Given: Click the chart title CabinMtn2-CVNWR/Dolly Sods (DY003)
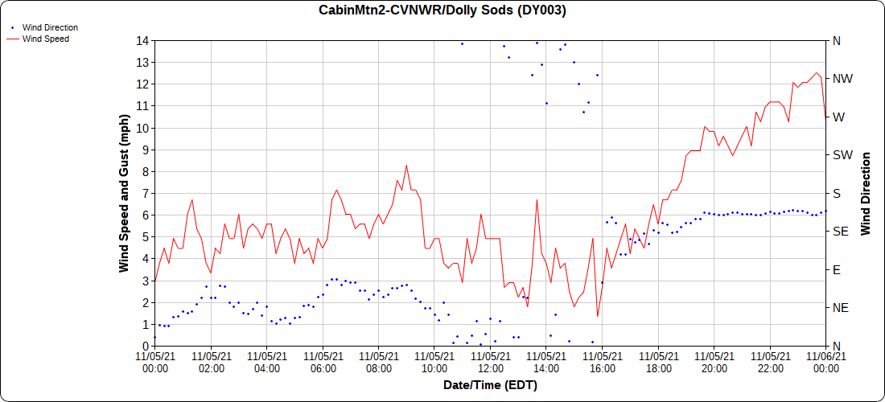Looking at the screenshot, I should (442, 10).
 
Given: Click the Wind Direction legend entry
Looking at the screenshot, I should (50, 27).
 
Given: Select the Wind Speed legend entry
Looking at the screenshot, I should (45, 39).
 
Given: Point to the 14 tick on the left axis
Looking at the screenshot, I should (142, 40).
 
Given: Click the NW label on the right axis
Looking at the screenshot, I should (842, 79).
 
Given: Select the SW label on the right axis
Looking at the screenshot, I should (842, 155).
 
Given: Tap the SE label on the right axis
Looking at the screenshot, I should (840, 232).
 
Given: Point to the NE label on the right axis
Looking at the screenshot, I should (840, 308).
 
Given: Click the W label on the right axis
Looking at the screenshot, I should (838, 117).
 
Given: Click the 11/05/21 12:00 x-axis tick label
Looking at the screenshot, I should (490, 363).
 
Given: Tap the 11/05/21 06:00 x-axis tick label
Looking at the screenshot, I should (323, 363).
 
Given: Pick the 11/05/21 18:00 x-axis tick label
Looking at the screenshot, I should (657, 363).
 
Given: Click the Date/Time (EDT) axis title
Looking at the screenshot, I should (490, 385).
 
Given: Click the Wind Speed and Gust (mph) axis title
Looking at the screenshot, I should (124, 193).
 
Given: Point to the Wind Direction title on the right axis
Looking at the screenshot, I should (866, 193).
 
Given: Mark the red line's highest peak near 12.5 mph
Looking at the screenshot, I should (817, 73).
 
